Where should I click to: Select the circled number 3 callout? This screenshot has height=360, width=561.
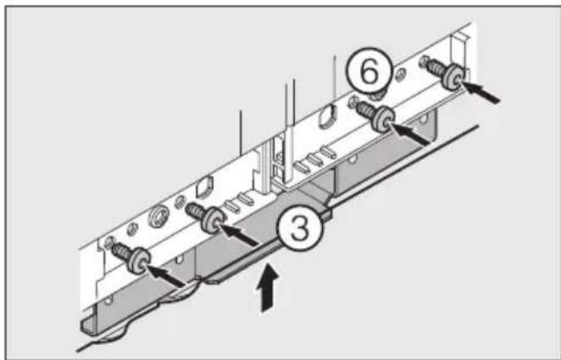pos(294,230)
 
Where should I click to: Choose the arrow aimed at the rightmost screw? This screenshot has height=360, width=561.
pos(484,91)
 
